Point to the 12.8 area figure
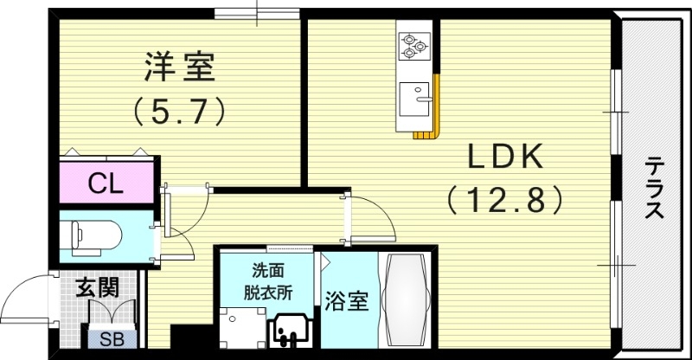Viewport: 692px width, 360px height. tap(505, 202)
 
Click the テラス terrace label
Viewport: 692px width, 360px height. tap(655, 187)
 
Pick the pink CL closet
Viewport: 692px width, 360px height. tap(107, 183)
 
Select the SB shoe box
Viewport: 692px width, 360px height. tap(112, 338)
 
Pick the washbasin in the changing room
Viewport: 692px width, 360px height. tap(291, 334)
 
